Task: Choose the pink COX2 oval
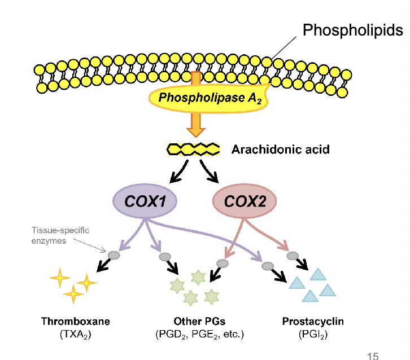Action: (x=245, y=201)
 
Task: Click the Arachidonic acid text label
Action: (x=280, y=150)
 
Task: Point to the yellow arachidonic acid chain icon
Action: (x=193, y=150)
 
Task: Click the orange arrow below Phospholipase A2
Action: (x=195, y=124)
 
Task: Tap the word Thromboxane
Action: (x=75, y=322)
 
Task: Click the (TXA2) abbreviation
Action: (x=75, y=334)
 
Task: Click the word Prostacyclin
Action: (x=312, y=322)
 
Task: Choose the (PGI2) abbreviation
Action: (x=312, y=334)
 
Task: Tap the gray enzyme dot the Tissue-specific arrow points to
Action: (x=114, y=255)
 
